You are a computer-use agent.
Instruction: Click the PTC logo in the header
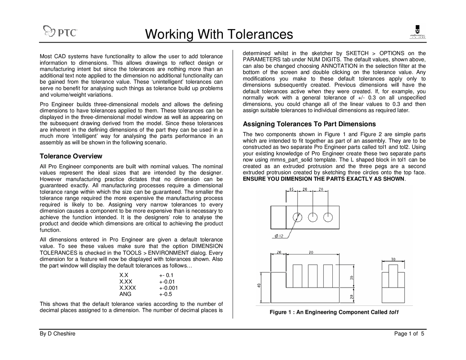pos(60,32)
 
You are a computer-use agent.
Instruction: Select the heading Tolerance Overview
pos(71,156)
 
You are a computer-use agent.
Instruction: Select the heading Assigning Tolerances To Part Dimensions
pos(309,124)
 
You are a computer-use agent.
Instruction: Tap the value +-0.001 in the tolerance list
pos(168,288)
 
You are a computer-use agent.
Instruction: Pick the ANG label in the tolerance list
pos(125,294)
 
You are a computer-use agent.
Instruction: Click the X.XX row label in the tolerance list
pos(126,282)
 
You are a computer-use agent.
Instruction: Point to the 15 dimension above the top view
pos(292,189)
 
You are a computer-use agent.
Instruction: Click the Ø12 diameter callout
pos(279,236)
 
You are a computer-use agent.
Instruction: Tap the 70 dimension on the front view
pos(311,252)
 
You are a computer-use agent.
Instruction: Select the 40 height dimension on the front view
pos(259,285)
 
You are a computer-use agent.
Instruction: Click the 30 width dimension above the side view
pos(393,259)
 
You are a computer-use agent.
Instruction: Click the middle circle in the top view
pos(313,217)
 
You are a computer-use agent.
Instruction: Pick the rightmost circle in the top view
pos(328,217)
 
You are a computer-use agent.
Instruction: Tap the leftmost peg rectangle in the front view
pos(297,276)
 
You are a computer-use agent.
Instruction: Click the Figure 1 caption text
pos(334,312)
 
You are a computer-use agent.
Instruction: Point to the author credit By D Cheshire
pos(58,333)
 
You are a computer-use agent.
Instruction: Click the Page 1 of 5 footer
pos(409,333)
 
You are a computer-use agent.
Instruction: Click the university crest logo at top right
pos(418,32)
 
